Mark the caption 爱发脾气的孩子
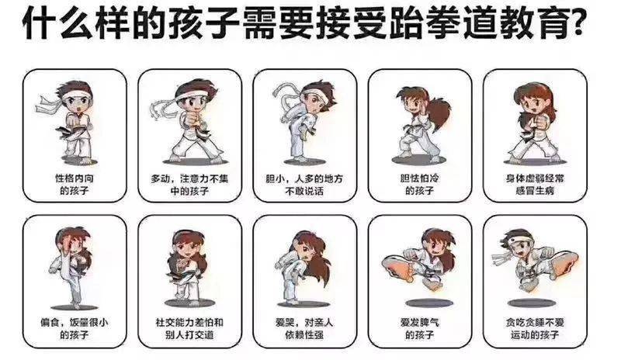click(x=419, y=327)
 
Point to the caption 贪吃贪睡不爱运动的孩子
click(x=534, y=327)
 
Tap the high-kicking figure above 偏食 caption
click(x=72, y=264)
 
